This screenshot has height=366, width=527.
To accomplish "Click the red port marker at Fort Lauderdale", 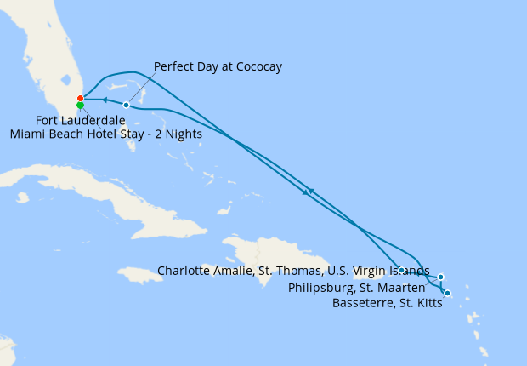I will pyautogui.click(x=80, y=99).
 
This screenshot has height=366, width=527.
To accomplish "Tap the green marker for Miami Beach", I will pyautogui.click(x=80, y=106).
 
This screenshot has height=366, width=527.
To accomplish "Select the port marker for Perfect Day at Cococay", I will pyautogui.click(x=126, y=105).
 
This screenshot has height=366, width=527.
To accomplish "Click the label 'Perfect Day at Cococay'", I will pyautogui.click(x=218, y=66).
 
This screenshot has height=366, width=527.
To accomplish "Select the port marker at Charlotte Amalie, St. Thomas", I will pyautogui.click(x=401, y=270).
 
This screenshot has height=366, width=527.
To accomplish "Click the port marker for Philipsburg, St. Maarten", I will pyautogui.click(x=440, y=277).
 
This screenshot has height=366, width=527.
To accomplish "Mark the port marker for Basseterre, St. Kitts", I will pyautogui.click(x=447, y=294).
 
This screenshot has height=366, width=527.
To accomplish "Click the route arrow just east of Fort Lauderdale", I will pyautogui.click(x=105, y=100).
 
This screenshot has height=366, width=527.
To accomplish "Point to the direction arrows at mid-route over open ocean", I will pyautogui.click(x=308, y=192).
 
